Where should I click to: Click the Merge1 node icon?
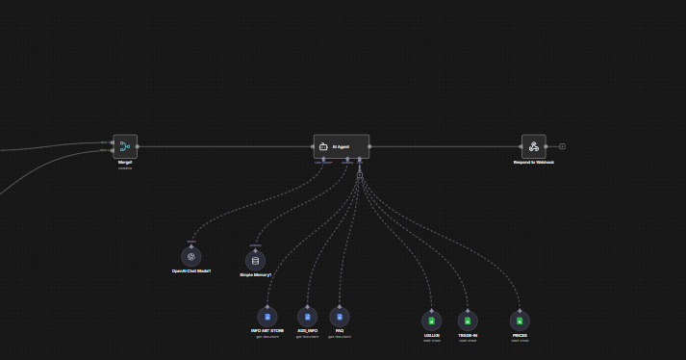click(x=125, y=146)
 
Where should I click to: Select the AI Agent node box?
click(x=342, y=146)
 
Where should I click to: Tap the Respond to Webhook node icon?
click(x=534, y=146)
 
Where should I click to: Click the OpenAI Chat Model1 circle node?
click(x=191, y=256)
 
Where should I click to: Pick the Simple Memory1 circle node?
click(x=255, y=260)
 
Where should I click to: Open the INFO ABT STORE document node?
click(x=267, y=317)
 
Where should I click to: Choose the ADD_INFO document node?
click(x=308, y=317)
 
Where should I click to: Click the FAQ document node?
click(x=339, y=317)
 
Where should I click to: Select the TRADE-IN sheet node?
click(x=468, y=321)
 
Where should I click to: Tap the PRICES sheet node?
click(x=520, y=321)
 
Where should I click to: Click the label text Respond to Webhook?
click(x=534, y=163)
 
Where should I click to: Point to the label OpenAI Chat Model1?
click(x=191, y=271)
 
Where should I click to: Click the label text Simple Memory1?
click(x=255, y=275)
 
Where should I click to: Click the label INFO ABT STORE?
click(x=267, y=331)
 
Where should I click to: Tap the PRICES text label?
click(x=520, y=335)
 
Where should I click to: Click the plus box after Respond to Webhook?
click(x=562, y=146)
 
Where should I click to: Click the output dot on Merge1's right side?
click(x=139, y=146)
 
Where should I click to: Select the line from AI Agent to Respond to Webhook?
click(x=443, y=146)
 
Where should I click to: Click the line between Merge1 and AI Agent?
click(x=226, y=146)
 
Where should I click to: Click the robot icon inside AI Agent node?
click(x=323, y=146)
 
